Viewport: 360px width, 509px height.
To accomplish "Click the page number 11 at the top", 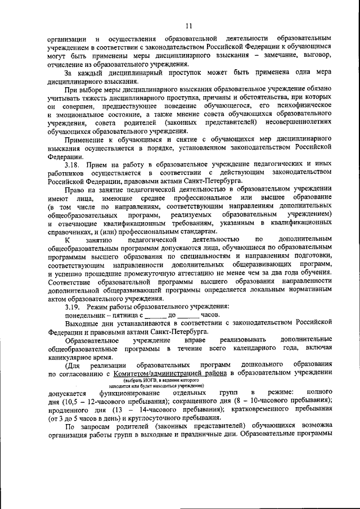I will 188,25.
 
